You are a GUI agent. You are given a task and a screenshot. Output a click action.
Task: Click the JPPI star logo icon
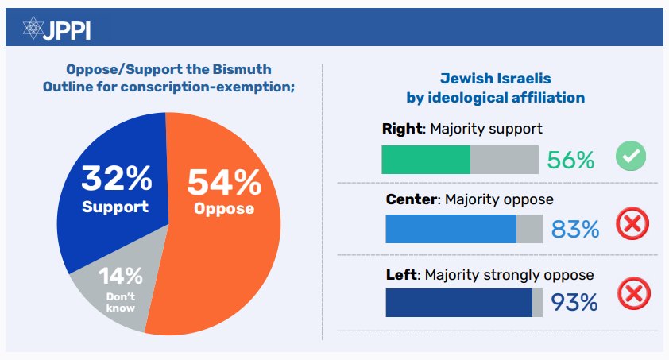click(33, 29)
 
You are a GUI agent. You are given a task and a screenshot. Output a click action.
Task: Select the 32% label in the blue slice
click(116, 179)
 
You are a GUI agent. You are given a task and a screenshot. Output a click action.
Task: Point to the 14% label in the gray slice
click(121, 277)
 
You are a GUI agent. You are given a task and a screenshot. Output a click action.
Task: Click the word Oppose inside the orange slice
click(225, 209)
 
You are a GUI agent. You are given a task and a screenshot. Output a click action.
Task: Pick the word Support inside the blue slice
click(115, 207)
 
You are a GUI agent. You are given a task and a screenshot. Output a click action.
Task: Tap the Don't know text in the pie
click(122, 302)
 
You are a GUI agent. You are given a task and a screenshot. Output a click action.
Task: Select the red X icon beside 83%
click(632, 225)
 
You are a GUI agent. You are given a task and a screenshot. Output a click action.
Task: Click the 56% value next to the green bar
click(570, 161)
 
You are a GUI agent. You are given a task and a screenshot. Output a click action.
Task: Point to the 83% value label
click(574, 230)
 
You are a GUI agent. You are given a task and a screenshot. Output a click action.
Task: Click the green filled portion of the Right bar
click(426, 159)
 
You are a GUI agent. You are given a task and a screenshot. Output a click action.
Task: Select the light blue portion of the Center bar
click(451, 229)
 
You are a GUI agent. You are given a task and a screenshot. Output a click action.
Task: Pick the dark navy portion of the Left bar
click(458, 303)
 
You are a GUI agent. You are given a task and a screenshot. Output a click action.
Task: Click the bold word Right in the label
click(401, 128)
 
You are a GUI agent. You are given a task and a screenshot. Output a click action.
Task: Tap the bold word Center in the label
click(411, 199)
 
